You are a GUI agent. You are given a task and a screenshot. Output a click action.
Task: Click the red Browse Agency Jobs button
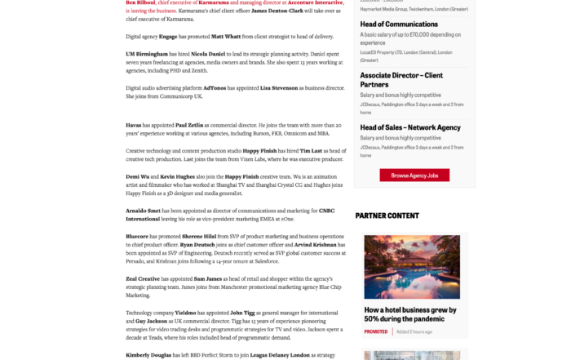point(414,176)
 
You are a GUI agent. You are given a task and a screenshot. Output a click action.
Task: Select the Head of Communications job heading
point(399,24)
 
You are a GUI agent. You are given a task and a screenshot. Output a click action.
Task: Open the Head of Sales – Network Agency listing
point(410,127)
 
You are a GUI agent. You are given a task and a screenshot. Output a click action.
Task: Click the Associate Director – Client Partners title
point(401,79)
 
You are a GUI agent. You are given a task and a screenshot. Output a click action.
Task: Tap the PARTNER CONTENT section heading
point(387,216)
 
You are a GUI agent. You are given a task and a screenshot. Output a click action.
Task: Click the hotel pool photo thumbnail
point(411,268)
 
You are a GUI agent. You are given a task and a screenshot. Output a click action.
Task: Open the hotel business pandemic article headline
point(410,314)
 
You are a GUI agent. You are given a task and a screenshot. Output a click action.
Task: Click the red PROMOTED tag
point(376,331)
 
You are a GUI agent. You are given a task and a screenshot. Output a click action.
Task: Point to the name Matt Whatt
point(227,37)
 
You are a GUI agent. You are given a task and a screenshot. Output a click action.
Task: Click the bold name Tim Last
point(311,151)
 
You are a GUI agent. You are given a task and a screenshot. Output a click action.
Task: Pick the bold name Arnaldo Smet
point(144,211)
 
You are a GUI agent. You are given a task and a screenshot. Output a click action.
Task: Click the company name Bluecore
point(137,236)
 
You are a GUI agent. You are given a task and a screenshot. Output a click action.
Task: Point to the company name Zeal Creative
point(144,278)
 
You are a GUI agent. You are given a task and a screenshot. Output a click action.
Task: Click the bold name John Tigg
point(242,313)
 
